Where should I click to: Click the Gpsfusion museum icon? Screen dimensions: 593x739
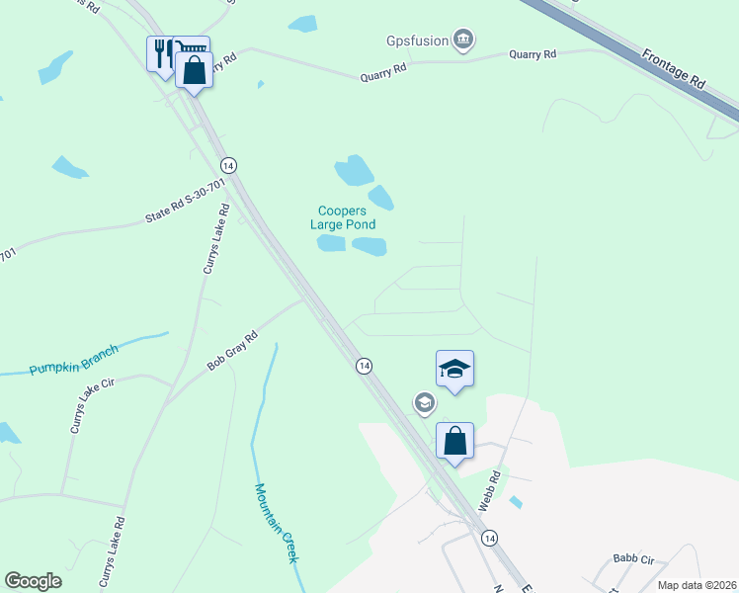pos(462,41)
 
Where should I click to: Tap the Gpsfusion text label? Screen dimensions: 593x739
pos(416,42)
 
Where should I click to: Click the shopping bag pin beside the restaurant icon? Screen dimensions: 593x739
pos(194,70)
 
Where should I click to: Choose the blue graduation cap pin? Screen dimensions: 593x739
pos(454,369)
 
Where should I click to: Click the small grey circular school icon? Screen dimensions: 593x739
pos(425,403)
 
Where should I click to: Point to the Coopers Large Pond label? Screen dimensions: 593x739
pos(342,217)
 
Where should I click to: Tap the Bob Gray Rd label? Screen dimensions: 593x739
pos(232,351)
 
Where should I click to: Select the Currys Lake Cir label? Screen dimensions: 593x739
pos(92,406)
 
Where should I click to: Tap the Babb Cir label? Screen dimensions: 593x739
pos(633,558)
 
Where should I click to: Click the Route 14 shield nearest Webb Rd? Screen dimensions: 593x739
pos(489,538)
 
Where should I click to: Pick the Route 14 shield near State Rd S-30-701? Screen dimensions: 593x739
pos(228,164)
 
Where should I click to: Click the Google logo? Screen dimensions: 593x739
pos(33,581)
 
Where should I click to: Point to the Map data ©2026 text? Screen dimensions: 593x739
pos(697,585)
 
